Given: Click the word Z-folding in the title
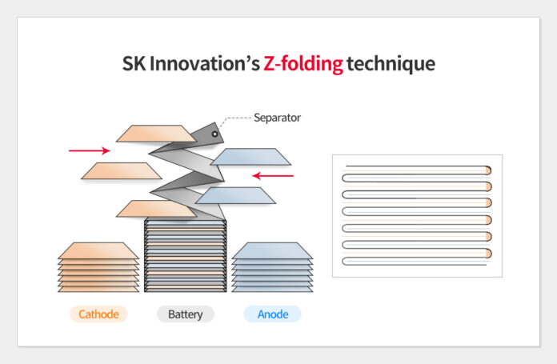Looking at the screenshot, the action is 303,64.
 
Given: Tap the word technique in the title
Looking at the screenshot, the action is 391,64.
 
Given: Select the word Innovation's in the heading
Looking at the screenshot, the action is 205,63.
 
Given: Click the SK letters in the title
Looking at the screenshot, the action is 134,64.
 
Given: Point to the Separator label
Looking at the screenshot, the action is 277,118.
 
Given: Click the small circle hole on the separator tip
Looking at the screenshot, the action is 215,134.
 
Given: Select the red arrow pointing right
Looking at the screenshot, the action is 90,150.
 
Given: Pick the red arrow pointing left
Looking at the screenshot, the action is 273,175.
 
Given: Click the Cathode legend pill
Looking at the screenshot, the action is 98,314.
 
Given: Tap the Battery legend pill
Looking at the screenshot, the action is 186,314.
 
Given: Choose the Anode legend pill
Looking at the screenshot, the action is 273,314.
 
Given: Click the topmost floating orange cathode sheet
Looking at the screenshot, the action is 155,134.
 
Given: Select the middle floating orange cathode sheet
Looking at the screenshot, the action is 122,171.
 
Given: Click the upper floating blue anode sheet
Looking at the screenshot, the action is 250,157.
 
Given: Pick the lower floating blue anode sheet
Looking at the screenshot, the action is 235,195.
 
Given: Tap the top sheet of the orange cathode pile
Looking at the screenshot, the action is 98,250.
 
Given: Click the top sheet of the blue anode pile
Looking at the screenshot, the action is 272,250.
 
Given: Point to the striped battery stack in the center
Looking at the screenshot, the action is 186,256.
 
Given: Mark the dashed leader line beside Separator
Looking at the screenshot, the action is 234,119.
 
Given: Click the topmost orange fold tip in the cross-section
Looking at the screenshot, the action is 489,170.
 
